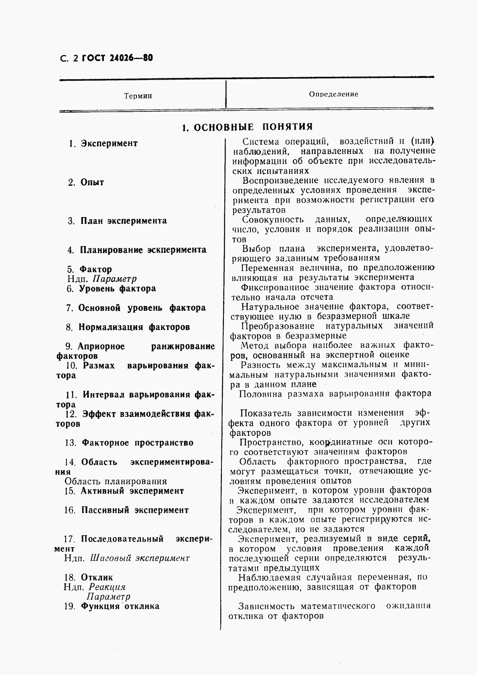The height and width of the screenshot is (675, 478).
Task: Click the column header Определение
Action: pyautogui.click(x=333, y=94)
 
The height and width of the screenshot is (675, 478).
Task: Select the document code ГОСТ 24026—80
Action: pyautogui.click(x=117, y=58)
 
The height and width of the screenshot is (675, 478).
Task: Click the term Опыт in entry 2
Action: pyautogui.click(x=92, y=183)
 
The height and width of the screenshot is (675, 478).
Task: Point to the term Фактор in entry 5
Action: pyautogui.click(x=95, y=269)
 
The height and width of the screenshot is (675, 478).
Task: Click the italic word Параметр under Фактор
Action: pyautogui.click(x=114, y=279)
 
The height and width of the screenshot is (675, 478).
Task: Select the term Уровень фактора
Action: pyautogui.click(x=117, y=289)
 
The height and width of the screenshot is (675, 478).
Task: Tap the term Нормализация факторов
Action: pyautogui.click(x=134, y=327)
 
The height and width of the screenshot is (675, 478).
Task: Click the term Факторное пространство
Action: pyautogui.click(x=137, y=443)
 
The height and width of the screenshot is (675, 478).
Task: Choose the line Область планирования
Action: pyautogui.click(x=116, y=482)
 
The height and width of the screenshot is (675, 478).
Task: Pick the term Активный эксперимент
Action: pyautogui.click(x=132, y=491)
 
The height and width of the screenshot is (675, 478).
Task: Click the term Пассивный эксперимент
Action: pyautogui.click(x=135, y=511)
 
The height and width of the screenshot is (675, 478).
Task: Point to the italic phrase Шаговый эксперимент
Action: pyautogui.click(x=139, y=558)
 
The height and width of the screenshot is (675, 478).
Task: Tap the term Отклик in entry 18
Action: pyautogui.click(x=97, y=578)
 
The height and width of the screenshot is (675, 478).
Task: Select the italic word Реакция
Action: pyautogui.click(x=107, y=587)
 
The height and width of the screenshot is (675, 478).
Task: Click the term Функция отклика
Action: pyautogui.click(x=120, y=607)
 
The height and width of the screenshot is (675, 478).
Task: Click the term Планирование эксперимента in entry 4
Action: pyautogui.click(x=143, y=250)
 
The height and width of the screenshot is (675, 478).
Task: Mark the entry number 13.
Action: pyautogui.click(x=70, y=443)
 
